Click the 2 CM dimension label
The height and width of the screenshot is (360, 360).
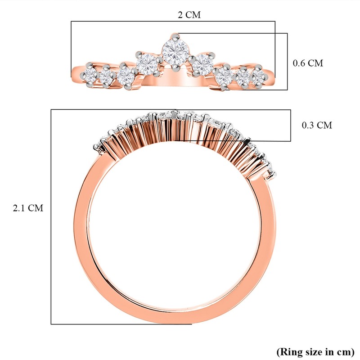coord(189,15)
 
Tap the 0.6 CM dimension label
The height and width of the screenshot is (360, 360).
coord(308,63)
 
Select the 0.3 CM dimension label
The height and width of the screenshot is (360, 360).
coord(317,125)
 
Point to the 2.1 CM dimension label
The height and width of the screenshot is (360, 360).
coord(28,208)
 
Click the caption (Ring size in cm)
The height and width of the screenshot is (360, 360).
coord(315,352)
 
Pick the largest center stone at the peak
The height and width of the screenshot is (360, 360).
coord(175,52)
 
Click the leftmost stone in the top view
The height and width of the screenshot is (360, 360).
coord(90,74)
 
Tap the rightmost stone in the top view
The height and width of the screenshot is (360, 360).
coord(258,76)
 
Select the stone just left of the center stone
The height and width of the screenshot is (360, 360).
coord(147,63)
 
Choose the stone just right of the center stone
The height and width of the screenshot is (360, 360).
coord(203,64)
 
